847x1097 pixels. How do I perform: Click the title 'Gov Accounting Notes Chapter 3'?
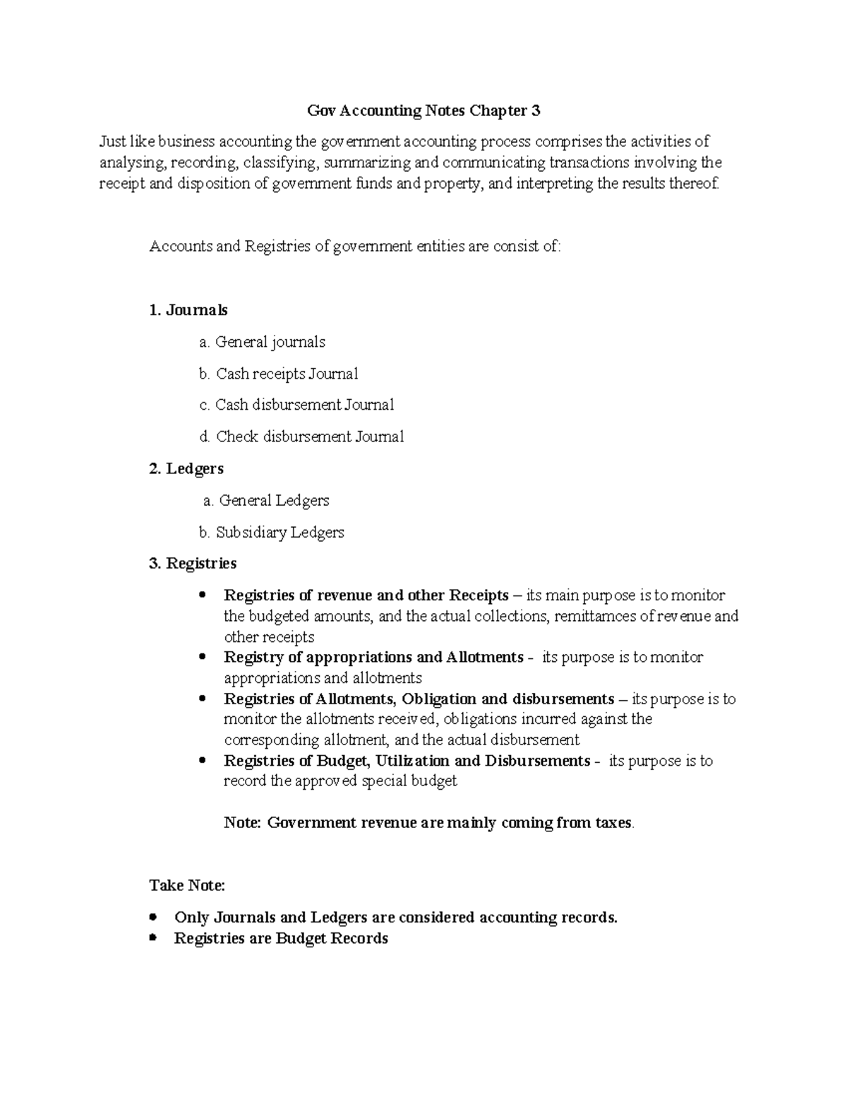tap(423, 111)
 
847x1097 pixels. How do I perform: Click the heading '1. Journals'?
tap(188, 310)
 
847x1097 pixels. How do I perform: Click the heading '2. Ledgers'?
tap(186, 468)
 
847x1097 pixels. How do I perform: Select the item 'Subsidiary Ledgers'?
tap(280, 532)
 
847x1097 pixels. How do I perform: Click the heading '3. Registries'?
tap(193, 563)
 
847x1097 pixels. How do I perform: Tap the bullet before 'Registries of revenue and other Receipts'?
tap(203, 595)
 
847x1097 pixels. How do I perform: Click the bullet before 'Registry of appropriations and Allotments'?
tap(203, 657)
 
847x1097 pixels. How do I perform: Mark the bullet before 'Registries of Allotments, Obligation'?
tap(203, 699)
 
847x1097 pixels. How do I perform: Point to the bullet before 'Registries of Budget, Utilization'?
tap(203, 761)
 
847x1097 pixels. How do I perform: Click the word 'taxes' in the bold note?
tap(613, 823)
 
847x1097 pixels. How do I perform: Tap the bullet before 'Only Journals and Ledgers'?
tap(153, 918)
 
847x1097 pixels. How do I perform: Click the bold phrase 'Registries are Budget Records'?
tap(281, 938)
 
